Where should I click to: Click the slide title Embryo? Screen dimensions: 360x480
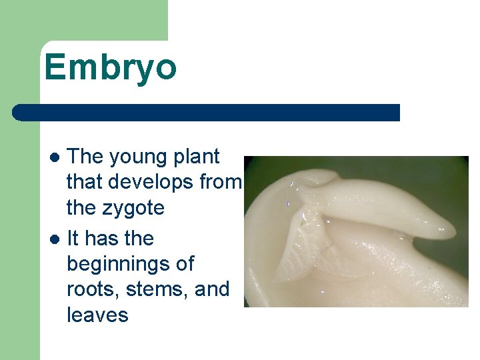[111, 67]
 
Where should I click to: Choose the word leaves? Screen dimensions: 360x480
[97, 315]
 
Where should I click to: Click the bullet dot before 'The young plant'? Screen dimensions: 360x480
[56, 158]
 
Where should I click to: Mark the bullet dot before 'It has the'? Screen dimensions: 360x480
[56, 239]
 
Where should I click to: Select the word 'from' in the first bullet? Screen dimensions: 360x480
[223, 183]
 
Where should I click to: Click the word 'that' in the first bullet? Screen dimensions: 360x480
[85, 183]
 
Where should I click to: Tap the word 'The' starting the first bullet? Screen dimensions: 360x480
[85, 157]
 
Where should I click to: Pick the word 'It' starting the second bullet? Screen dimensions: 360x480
[74, 238]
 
